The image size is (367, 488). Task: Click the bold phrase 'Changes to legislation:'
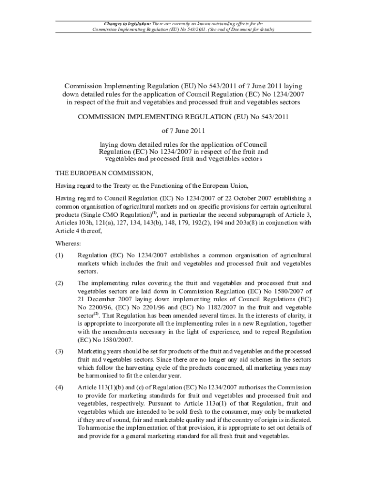127,23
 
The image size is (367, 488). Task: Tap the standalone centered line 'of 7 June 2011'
183,130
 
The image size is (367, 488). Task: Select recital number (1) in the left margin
59,255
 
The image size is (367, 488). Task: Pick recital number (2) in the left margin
59,283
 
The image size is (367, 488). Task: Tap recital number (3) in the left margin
59,351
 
